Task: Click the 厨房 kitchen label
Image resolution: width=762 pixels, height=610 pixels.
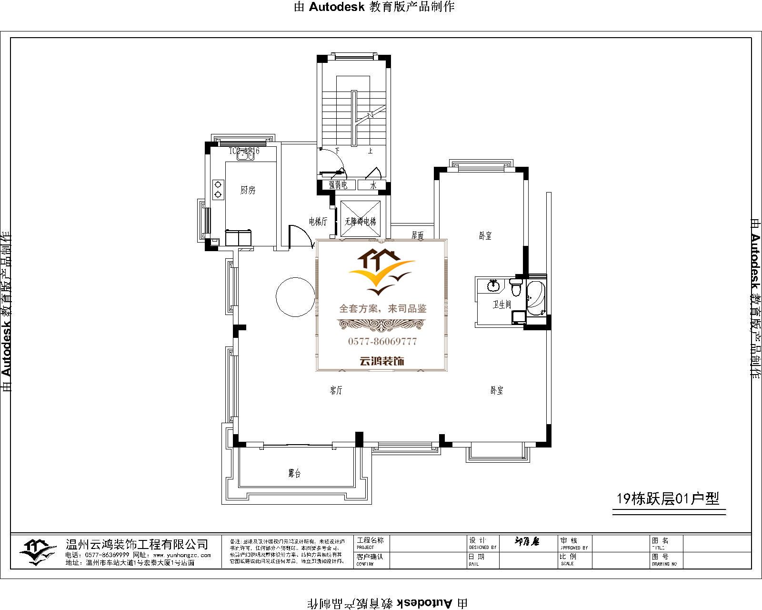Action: pos(248,190)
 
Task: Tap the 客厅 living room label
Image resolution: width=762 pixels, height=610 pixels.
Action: pos(336,390)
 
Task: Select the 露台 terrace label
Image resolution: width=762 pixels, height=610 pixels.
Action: pos(294,473)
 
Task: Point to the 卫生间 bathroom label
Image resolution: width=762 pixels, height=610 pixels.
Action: pos(501,304)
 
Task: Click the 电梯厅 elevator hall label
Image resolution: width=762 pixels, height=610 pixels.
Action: pos(318,222)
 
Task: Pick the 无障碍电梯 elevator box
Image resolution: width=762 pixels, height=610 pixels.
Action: pos(361,220)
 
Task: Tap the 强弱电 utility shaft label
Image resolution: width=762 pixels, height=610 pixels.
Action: pos(338,185)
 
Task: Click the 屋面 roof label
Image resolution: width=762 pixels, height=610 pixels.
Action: pos(418,235)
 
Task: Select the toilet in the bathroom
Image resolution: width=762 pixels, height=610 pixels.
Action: pos(516,287)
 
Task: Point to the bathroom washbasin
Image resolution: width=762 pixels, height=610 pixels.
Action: pos(493,286)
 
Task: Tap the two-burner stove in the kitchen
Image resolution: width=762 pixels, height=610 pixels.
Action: pos(218,189)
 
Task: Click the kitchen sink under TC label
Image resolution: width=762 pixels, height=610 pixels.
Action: pos(246,155)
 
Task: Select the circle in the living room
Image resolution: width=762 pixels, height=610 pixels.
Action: pos(295,297)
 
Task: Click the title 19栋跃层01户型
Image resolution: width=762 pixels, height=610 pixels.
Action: pos(668,498)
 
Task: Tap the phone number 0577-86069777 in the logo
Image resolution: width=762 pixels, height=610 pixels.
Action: pos(382,341)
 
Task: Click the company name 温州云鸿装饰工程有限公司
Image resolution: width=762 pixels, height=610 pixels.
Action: pos(137,544)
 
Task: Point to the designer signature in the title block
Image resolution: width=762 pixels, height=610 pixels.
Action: pos(527,541)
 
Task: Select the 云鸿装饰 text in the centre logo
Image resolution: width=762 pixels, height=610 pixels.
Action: pos(381,361)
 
